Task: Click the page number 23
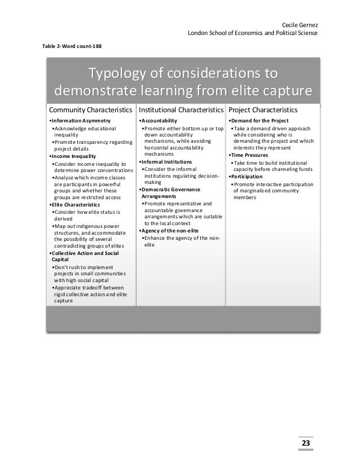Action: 305,443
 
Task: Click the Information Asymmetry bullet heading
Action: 80,121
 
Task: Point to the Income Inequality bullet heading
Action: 73,156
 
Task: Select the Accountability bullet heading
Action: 159,121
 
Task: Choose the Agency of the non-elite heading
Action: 169,231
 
